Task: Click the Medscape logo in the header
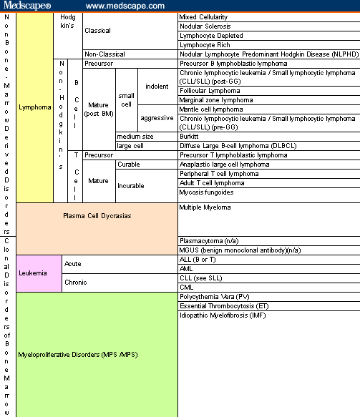[27, 5]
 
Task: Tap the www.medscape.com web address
[125, 6]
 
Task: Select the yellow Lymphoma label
[34, 107]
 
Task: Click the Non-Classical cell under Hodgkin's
[104, 54]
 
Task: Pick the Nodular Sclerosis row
[205, 26]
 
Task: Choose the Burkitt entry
[189, 137]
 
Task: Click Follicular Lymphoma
[210, 91]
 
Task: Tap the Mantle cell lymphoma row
[211, 109]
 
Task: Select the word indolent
[157, 87]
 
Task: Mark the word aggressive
[157, 118]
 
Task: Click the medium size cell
[135, 137]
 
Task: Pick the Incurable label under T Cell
[131, 186]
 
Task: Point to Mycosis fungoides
[206, 192]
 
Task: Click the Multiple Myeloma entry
[205, 207]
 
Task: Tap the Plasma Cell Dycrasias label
[97, 216]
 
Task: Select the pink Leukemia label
[33, 273]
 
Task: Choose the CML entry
[187, 288]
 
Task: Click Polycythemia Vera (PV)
[215, 297]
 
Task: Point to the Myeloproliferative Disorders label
[78, 355]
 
